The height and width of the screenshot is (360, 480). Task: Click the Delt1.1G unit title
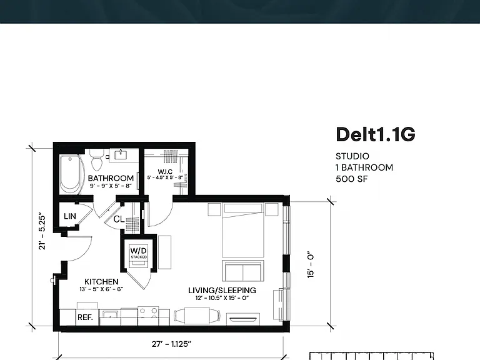[375, 134]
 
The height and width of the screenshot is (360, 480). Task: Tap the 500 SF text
[351, 179]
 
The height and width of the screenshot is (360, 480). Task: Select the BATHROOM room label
[111, 178]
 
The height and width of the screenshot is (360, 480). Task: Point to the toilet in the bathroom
[97, 160]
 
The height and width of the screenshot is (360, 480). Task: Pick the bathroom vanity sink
[121, 154]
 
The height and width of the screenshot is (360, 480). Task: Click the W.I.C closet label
[165, 172]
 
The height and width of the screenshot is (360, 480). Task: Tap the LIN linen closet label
[70, 216]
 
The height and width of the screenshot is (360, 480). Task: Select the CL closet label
[119, 219]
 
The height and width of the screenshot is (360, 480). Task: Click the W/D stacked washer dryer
[139, 253]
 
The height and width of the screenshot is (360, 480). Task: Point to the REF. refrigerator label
[85, 317]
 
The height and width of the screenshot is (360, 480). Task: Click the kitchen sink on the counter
[110, 314]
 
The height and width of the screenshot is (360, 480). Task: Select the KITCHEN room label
[101, 282]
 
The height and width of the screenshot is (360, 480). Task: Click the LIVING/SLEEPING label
[222, 290]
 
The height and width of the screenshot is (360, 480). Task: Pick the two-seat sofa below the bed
[242, 271]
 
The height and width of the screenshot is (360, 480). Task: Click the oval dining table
[197, 315]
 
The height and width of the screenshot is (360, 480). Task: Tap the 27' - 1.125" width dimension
[171, 344]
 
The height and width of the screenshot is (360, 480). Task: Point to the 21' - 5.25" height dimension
[42, 231]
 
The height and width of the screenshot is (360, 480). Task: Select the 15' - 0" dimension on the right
[311, 265]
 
